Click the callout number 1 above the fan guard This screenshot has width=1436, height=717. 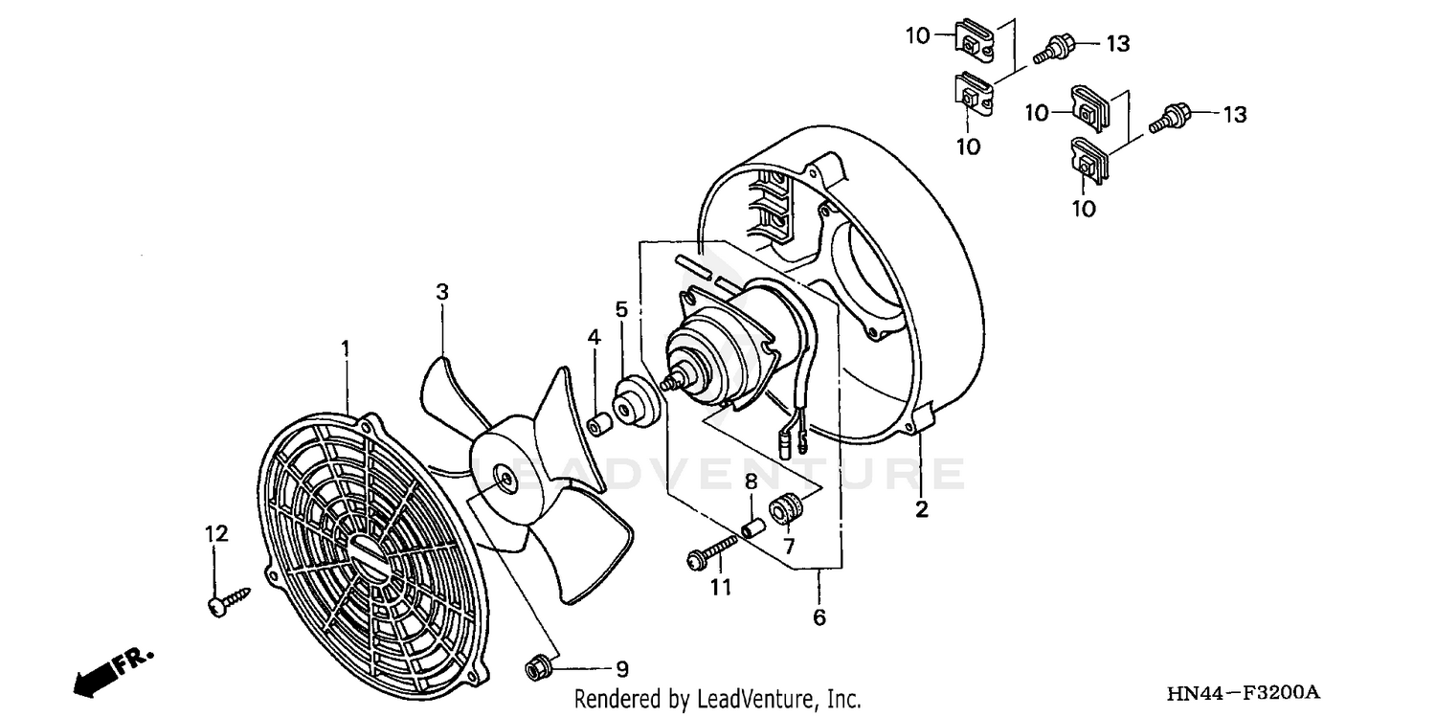click(346, 347)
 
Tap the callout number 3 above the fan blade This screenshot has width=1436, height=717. click(442, 291)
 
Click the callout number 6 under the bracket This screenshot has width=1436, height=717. click(819, 617)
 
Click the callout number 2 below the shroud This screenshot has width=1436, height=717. click(921, 509)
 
